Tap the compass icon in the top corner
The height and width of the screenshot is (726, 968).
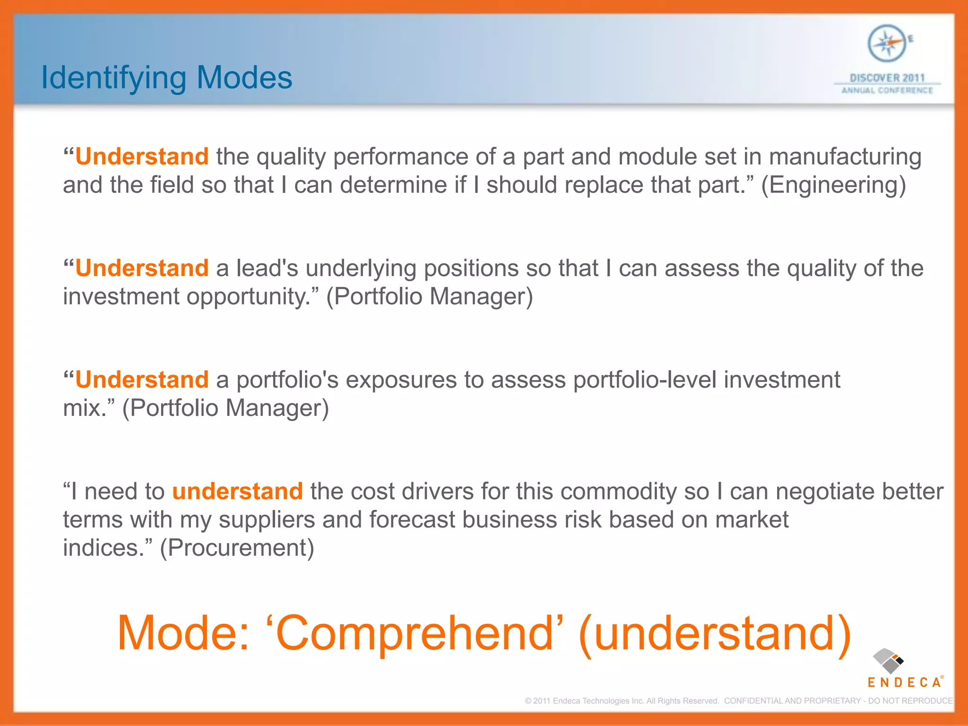coord(887,43)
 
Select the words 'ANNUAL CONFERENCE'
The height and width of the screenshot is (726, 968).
coord(887,90)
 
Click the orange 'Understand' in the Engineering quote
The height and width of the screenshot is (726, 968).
coord(142,156)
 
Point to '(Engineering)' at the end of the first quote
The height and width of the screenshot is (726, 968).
coord(833,185)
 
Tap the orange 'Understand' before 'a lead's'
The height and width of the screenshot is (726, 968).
coord(142,268)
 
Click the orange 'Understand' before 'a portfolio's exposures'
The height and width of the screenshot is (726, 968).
coord(142,380)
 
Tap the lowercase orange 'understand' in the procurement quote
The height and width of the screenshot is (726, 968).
coord(237,491)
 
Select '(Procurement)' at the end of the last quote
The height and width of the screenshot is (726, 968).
coord(237,548)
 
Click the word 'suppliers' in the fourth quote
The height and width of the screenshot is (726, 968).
coord(266,520)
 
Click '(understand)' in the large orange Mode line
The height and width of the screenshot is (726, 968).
coord(714,633)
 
